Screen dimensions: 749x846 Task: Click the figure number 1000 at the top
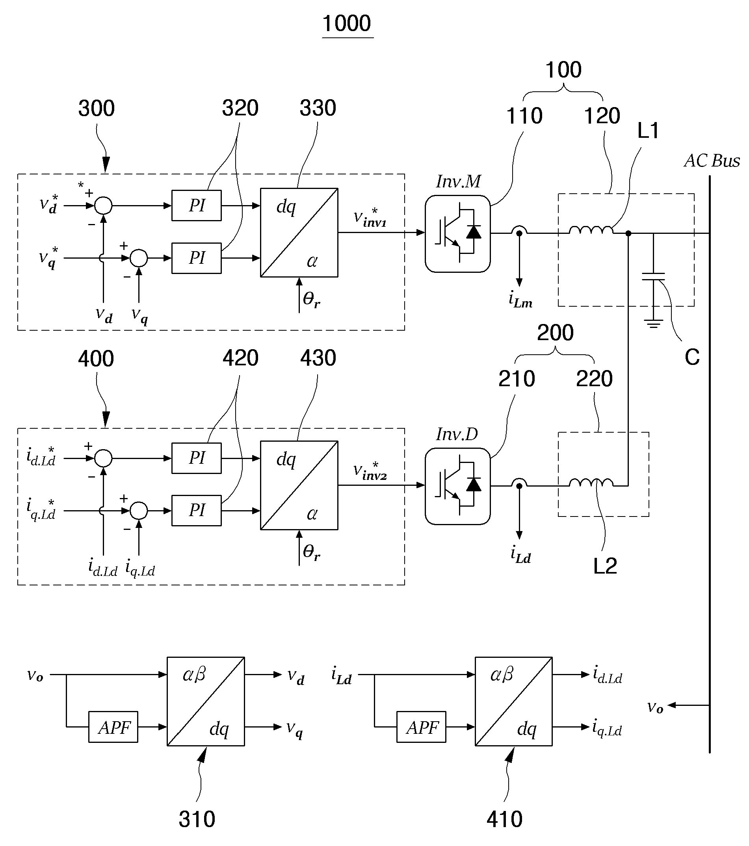click(x=347, y=23)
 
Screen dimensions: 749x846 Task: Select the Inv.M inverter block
click(x=457, y=233)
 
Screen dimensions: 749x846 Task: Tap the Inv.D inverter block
click(x=457, y=486)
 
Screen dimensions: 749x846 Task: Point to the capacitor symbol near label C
click(x=653, y=276)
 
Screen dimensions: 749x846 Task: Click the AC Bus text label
click(x=712, y=161)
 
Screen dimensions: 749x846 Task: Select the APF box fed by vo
click(x=113, y=727)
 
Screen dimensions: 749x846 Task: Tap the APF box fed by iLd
click(x=421, y=727)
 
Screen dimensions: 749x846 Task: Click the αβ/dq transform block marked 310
click(x=206, y=701)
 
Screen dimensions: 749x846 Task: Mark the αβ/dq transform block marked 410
click(x=514, y=701)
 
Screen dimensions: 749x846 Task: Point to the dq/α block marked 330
click(x=299, y=233)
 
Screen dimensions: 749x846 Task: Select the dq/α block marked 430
click(x=299, y=485)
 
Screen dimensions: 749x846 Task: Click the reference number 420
click(x=240, y=358)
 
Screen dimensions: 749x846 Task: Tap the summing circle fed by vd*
click(x=103, y=205)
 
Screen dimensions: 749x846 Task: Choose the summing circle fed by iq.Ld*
click(x=139, y=511)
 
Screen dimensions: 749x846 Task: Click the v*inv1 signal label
click(x=370, y=218)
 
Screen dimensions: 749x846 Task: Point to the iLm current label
click(x=520, y=299)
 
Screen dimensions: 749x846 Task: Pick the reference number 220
click(x=595, y=379)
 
